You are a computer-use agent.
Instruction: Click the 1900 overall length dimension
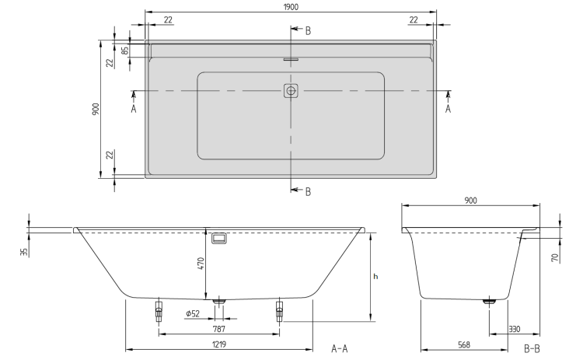(291, 7)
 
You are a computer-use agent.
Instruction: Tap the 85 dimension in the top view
(125, 51)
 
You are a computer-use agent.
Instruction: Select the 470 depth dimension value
(201, 264)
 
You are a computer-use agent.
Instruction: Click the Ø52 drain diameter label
(193, 313)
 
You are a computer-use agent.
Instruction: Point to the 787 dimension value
(219, 329)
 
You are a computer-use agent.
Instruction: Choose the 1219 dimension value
(219, 344)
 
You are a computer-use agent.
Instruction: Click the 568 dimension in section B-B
(464, 344)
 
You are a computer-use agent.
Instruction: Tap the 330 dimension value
(515, 329)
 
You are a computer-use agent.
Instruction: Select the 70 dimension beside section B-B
(556, 257)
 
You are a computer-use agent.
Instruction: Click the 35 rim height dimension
(24, 252)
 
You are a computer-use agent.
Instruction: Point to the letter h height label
(375, 276)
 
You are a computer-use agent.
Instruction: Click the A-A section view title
(339, 348)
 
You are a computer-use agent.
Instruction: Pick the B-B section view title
(532, 348)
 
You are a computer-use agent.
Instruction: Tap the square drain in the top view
(291, 90)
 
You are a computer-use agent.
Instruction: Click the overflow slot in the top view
(291, 59)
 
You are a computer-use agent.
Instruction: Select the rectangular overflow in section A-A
(219, 239)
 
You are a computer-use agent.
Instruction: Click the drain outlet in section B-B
(489, 302)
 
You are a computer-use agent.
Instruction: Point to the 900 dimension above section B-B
(470, 201)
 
